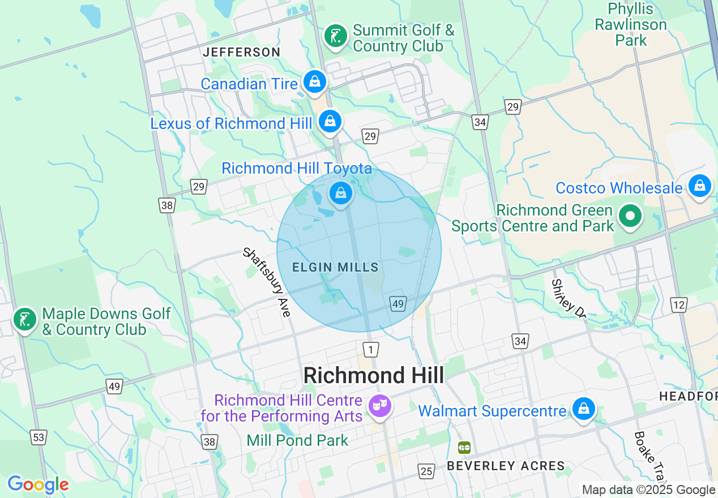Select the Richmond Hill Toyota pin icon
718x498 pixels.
pos(340,194)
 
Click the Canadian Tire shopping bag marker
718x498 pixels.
pos(314,82)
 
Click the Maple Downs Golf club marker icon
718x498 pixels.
pos(24,320)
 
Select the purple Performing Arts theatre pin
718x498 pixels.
pos(379,405)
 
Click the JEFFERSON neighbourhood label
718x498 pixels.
pos(242,52)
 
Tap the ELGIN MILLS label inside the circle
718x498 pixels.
pos(335,267)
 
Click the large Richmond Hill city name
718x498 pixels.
pos(374,375)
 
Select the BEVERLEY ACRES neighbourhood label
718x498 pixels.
pos(506,466)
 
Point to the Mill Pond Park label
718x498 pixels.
pos(297,440)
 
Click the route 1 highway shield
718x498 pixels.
pos(370,350)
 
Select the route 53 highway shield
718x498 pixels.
pos(39,437)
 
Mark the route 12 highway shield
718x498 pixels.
pos(679,305)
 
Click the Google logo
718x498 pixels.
pos(38,484)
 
